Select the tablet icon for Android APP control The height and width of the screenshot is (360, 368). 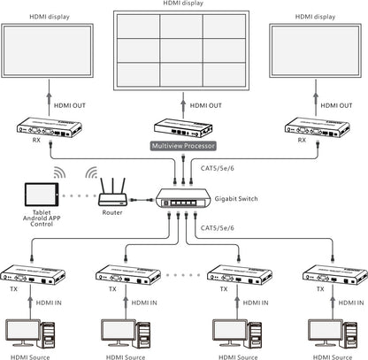(37, 195)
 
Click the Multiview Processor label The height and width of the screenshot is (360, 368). (184, 145)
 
